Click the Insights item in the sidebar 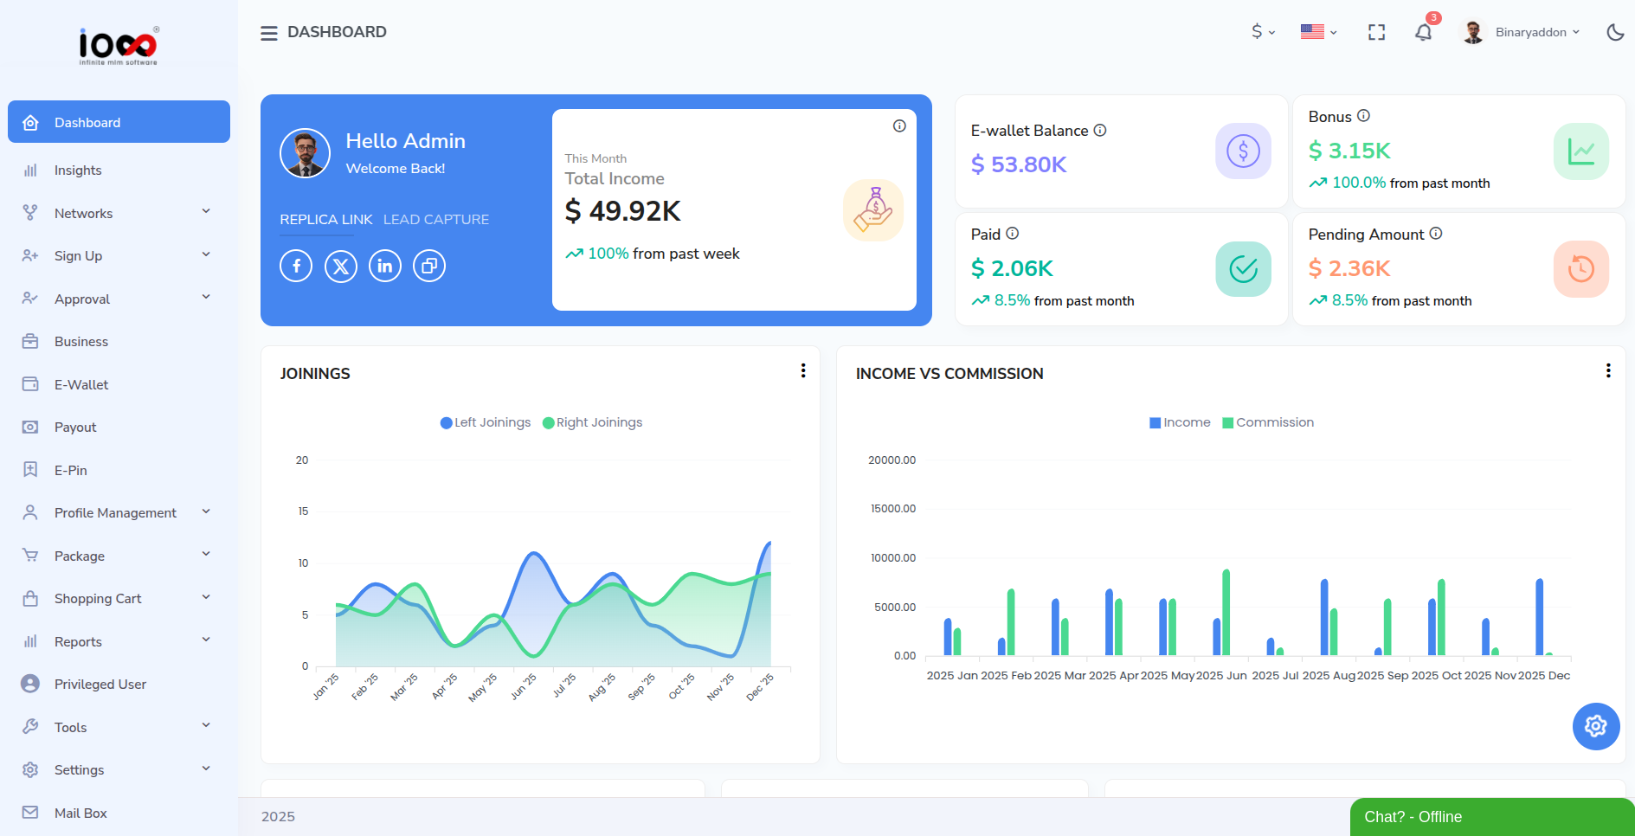[78, 170]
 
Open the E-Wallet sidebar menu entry [80, 384]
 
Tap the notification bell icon [1423, 33]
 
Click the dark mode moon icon [1615, 33]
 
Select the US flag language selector [1317, 32]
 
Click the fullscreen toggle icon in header [1376, 33]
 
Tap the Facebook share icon [296, 266]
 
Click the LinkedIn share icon [384, 266]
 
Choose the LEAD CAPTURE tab [436, 220]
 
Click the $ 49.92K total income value [622, 211]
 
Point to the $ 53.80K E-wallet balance [1019, 164]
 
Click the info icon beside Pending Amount [1436, 234]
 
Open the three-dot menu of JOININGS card [803, 370]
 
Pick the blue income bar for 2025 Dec [1539, 617]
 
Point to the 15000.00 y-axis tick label [892, 509]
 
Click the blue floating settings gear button [1595, 726]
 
